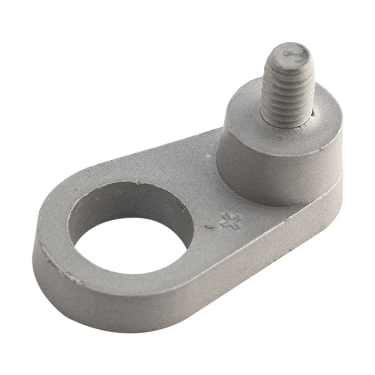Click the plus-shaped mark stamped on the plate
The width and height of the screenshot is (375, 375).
(231, 220)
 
